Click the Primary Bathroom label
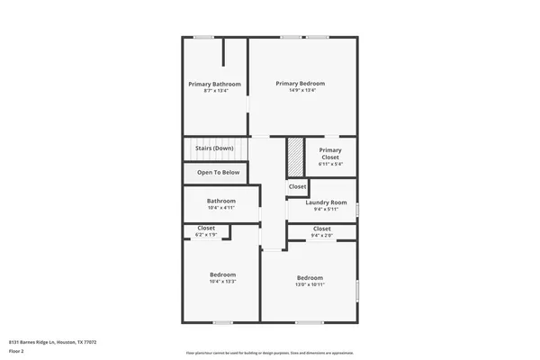click(215, 84)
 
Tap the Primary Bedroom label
click(301, 83)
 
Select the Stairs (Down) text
click(214, 148)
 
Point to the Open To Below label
click(219, 172)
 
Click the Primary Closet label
click(330, 153)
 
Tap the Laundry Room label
click(326, 202)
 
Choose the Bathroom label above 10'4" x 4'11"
click(221, 201)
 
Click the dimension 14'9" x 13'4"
click(301, 90)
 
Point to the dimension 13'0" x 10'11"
click(310, 284)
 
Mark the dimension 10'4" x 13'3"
click(222, 282)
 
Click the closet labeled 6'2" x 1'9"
click(206, 231)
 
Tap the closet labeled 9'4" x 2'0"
click(321, 232)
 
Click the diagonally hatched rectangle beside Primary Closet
click(294, 157)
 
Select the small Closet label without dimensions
click(297, 186)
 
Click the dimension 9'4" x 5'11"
click(326, 210)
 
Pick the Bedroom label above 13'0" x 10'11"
click(310, 277)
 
